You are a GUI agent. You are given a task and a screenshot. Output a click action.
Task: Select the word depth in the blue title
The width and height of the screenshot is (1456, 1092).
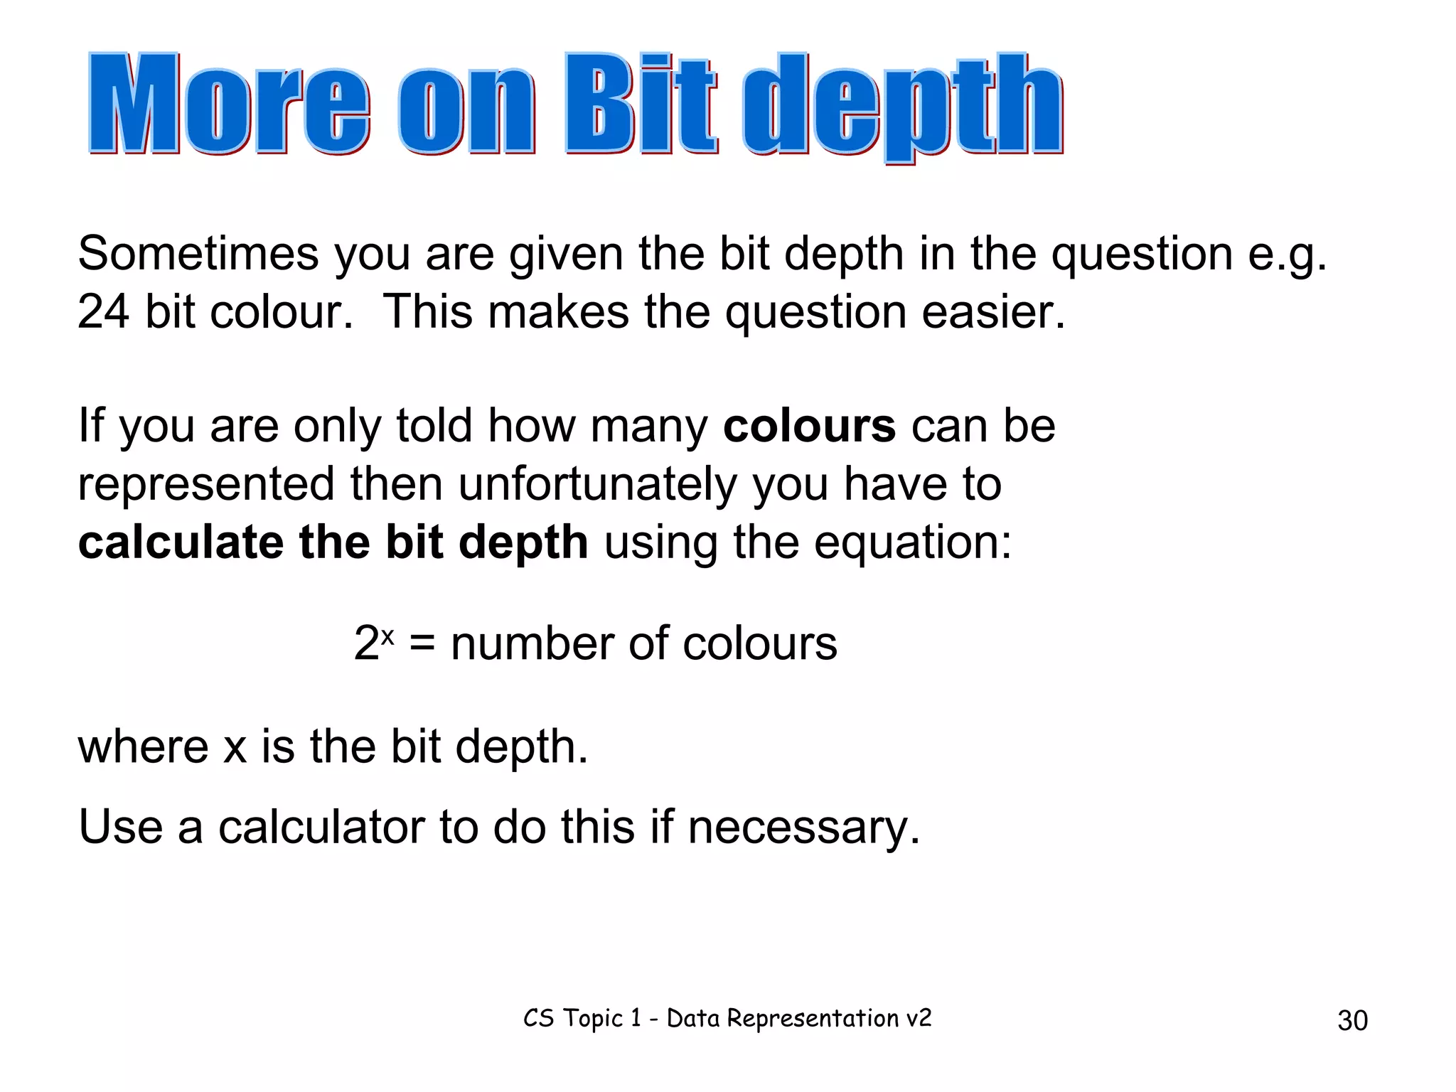903,107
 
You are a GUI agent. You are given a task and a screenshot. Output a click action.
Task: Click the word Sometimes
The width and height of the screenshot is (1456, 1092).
198,254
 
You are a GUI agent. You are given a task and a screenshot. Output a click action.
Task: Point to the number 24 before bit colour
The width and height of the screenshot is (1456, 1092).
103,312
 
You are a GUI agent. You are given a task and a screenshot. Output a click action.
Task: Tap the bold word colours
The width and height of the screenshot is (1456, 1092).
809,427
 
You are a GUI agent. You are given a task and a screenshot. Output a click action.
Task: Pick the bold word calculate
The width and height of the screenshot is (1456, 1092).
181,542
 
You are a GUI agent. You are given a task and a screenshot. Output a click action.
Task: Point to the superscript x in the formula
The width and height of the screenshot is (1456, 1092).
387,635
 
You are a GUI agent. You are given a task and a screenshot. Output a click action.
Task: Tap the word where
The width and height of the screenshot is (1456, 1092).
143,747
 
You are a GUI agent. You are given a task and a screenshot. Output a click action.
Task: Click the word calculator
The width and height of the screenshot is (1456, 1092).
321,828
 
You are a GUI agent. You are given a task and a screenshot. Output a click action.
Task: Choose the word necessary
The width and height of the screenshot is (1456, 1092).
803,829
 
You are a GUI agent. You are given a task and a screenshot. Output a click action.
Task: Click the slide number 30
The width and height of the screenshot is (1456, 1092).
1352,1021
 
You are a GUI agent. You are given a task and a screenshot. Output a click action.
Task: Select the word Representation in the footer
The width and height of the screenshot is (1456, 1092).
813,1019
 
